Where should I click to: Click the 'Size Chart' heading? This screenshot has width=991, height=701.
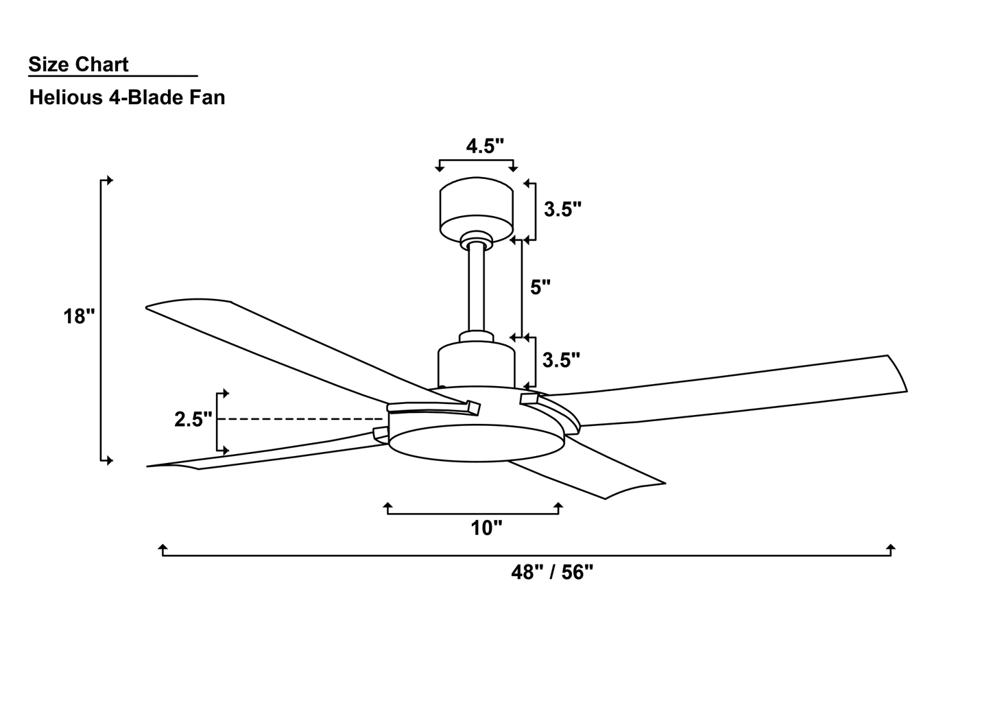pyautogui.click(x=78, y=64)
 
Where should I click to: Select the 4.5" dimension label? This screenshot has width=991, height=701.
pyautogui.click(x=485, y=146)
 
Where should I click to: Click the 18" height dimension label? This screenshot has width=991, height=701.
pyautogui.click(x=79, y=317)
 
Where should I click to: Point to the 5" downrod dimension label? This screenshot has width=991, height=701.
pyautogui.click(x=540, y=287)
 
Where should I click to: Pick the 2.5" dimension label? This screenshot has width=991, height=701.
pyautogui.click(x=193, y=420)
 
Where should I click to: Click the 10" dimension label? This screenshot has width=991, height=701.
pyautogui.click(x=486, y=528)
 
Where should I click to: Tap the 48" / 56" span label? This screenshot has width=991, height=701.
pyautogui.click(x=551, y=572)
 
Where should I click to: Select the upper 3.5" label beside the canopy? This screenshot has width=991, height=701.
pyautogui.click(x=562, y=209)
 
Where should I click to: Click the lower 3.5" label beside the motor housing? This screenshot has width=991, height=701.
pyautogui.click(x=561, y=359)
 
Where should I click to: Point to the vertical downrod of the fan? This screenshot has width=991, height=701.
pyautogui.click(x=477, y=288)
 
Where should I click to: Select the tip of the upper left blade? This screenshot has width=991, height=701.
pyautogui.click(x=154, y=307)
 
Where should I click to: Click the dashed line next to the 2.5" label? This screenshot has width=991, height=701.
pyautogui.click(x=302, y=419)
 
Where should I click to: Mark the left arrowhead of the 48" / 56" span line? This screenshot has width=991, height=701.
pyautogui.click(x=163, y=548)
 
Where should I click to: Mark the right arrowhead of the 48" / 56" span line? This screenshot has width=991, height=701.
pyautogui.click(x=890, y=548)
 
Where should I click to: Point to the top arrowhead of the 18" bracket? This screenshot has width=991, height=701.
pyautogui.click(x=108, y=180)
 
